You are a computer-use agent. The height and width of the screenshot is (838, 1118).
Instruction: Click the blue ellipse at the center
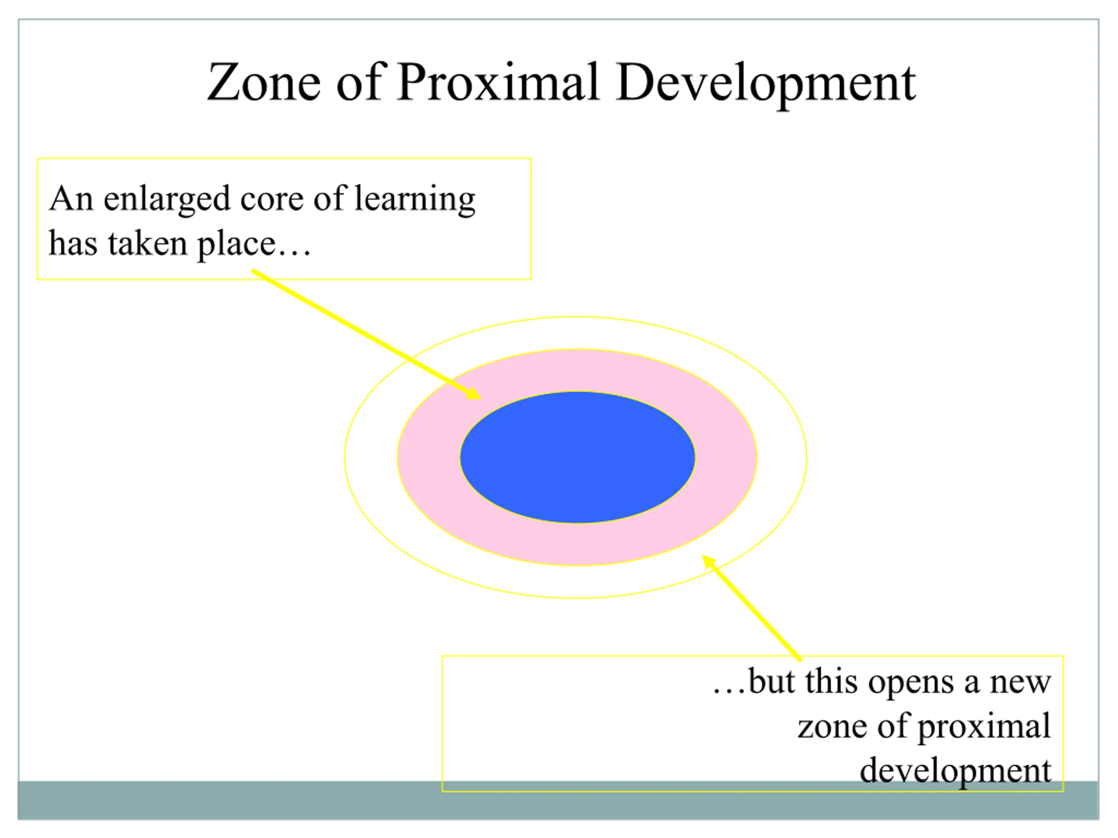[577, 457]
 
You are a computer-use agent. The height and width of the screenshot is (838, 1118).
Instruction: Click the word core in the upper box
[272, 199]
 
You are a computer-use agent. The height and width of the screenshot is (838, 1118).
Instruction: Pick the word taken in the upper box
[148, 244]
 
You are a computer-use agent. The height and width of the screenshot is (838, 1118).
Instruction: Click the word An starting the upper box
[71, 198]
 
